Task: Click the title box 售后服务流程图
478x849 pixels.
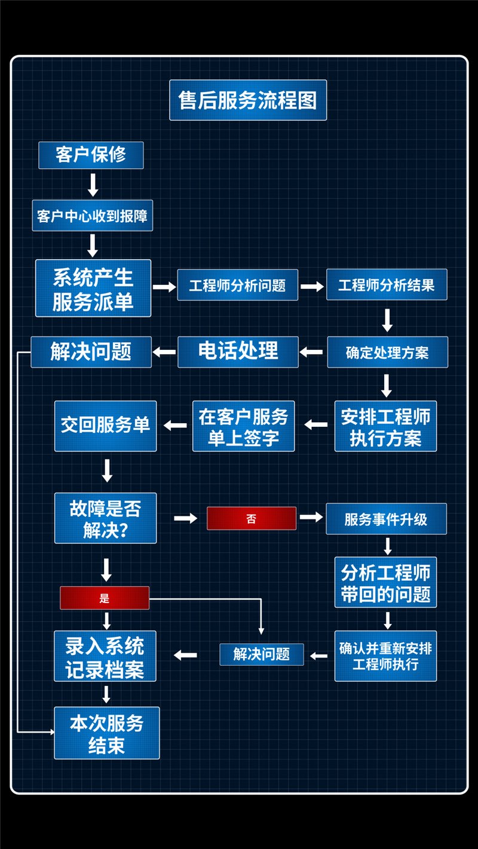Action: [248, 100]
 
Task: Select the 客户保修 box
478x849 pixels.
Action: [91, 155]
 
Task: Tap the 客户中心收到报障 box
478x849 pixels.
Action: [92, 216]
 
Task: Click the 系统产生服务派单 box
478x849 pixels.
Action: [93, 288]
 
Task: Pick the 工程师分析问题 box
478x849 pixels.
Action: [238, 285]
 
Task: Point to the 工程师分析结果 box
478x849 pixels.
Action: [387, 285]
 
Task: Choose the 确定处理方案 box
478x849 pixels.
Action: [387, 352]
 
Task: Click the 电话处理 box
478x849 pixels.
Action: [238, 352]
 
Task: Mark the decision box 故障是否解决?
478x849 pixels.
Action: [105, 518]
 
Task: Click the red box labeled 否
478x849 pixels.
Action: [252, 518]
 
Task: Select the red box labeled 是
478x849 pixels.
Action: [105, 598]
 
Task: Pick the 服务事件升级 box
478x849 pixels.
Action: [386, 519]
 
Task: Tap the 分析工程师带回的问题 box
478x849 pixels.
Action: [385, 583]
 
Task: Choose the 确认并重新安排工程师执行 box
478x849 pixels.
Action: [385, 656]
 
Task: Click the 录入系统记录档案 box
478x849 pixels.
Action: [105, 656]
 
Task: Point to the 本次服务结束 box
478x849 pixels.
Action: [107, 733]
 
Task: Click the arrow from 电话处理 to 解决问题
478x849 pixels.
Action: [164, 352]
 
